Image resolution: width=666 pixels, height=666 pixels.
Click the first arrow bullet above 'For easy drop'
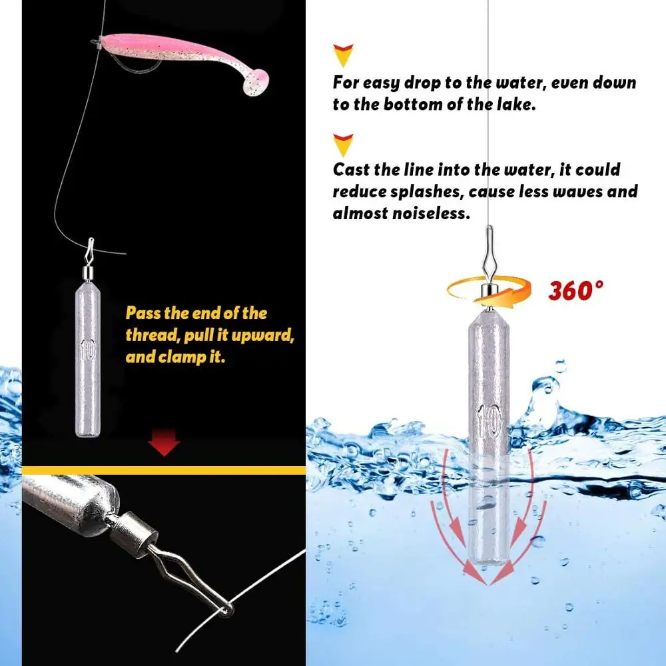pyautogui.click(x=344, y=55)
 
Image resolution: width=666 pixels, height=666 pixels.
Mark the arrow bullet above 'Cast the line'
pyautogui.click(x=344, y=143)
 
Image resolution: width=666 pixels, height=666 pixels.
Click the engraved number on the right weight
pyautogui.click(x=490, y=416)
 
